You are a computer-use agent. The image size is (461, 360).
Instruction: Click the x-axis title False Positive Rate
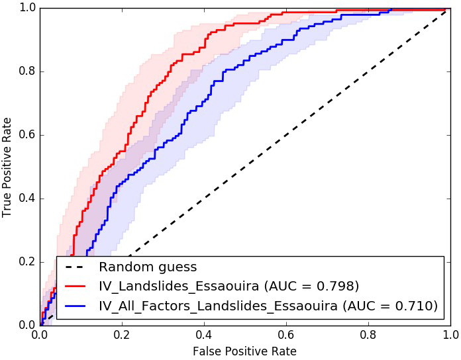(244, 351)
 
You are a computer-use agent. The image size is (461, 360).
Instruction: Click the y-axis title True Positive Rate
(8, 167)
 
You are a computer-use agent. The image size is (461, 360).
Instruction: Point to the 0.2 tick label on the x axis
(121, 335)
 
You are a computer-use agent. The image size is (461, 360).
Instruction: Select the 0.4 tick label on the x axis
(203, 335)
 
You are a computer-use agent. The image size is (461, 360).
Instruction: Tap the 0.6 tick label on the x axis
(285, 335)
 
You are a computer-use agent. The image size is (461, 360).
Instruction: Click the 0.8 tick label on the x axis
(366, 335)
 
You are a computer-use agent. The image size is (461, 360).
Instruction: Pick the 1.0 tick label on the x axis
(448, 335)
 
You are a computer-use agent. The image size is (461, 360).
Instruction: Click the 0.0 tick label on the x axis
(40, 335)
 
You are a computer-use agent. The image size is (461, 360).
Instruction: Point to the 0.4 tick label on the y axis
(26, 199)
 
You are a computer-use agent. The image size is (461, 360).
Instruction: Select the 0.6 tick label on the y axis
(26, 135)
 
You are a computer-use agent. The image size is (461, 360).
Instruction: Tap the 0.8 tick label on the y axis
(26, 71)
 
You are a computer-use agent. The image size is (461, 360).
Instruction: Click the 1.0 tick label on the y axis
(26, 9)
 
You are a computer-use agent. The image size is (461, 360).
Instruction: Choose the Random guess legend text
(148, 267)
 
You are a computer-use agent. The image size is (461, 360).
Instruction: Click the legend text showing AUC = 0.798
(229, 286)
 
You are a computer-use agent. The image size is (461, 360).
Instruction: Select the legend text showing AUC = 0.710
(268, 305)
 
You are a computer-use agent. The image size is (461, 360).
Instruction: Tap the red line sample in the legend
(77, 287)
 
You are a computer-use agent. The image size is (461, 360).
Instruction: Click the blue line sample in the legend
(77, 306)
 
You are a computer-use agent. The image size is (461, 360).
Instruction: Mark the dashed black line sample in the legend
(77, 268)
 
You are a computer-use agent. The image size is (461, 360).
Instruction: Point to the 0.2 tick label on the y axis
(26, 262)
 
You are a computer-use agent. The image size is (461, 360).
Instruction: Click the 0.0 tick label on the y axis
(26, 324)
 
